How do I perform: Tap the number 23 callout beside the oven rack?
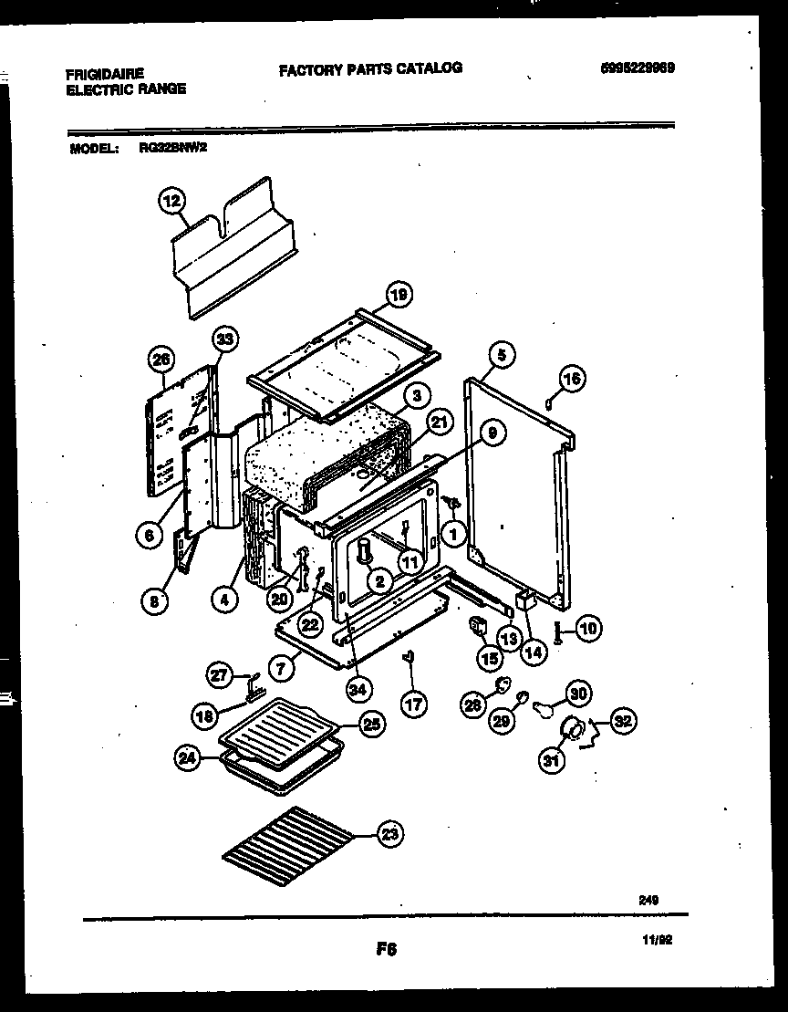[x=389, y=833]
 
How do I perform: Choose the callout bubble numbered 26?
[x=162, y=360]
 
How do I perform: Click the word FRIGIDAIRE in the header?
[x=105, y=71]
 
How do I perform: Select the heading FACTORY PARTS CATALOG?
[x=369, y=68]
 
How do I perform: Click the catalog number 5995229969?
[x=638, y=68]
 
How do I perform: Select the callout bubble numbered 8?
[x=156, y=600]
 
